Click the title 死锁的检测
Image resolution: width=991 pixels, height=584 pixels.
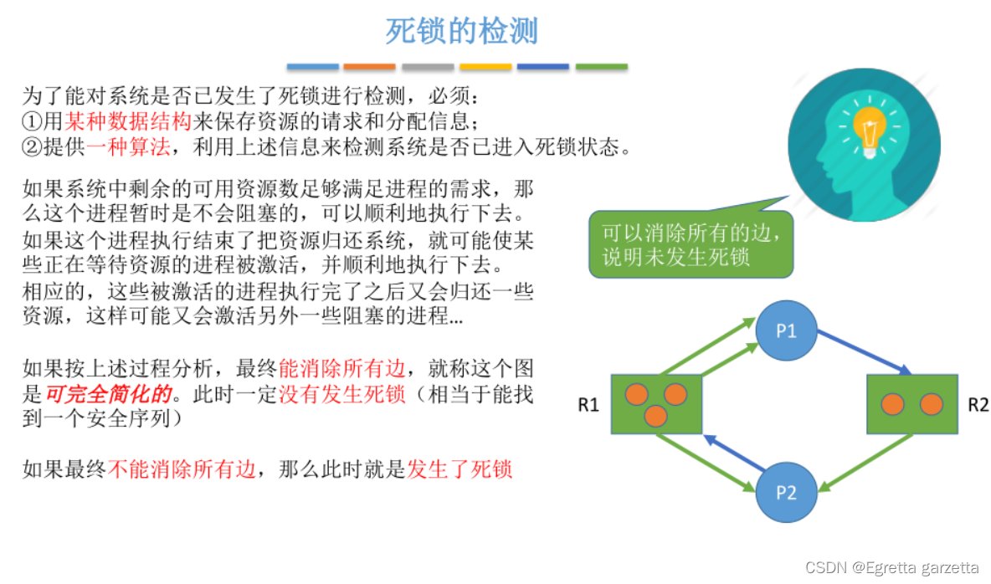pyautogui.click(x=461, y=32)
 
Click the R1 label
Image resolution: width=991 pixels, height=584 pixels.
pyautogui.click(x=589, y=406)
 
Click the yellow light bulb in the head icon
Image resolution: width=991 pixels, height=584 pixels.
pyautogui.click(x=869, y=128)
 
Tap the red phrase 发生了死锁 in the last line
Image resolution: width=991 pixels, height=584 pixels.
pyautogui.click(x=459, y=469)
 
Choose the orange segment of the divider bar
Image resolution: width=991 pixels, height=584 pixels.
pyautogui.click(x=369, y=66)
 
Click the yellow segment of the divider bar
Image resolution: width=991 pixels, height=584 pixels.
pyautogui.click(x=485, y=66)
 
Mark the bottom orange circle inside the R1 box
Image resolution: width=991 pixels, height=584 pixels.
pyautogui.click(x=655, y=416)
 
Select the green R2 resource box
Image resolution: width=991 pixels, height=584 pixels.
pyautogui.click(x=911, y=404)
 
